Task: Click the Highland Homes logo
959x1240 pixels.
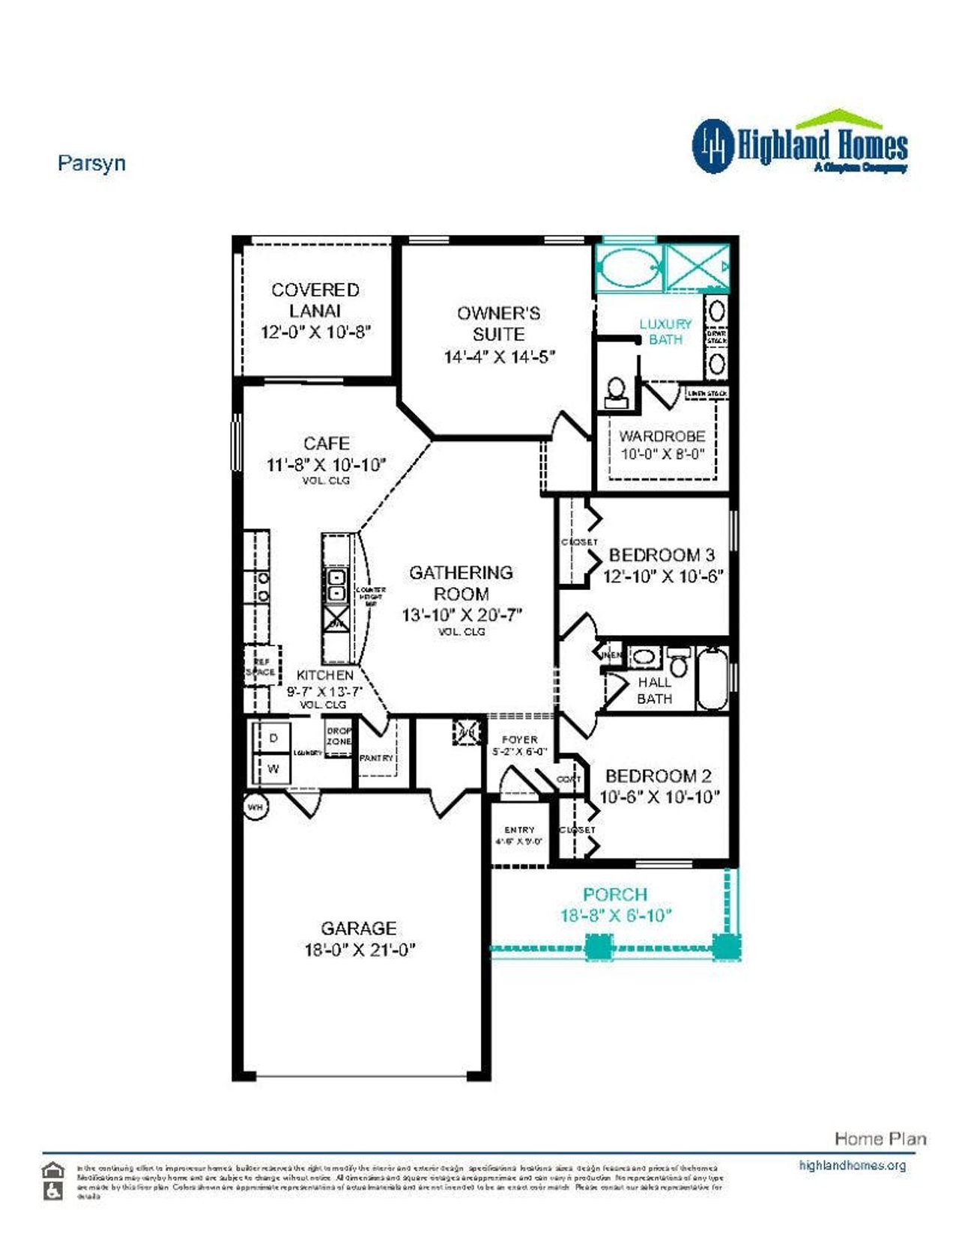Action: coord(799,145)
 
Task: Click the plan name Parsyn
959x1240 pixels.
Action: coord(91,163)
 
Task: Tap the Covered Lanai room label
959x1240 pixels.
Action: coord(315,300)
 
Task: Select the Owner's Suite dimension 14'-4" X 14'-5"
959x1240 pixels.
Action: coord(499,356)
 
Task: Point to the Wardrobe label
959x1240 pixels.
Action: coord(662,436)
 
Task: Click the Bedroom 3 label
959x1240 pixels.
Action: coord(662,555)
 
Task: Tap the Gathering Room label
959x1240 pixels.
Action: coord(462,583)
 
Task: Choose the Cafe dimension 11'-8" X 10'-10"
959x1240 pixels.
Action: coord(326,464)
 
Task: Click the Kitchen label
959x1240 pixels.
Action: coord(324,675)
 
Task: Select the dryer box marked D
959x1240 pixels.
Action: coord(273,738)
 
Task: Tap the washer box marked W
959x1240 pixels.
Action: coord(273,768)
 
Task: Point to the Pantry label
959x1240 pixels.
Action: coord(376,758)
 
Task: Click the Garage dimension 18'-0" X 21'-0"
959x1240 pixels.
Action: coord(359,949)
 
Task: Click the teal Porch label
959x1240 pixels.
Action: coord(615,894)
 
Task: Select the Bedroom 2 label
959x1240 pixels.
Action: coord(658,776)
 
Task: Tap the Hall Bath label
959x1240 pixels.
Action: coord(654,690)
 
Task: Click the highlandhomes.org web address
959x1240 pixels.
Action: coord(852,1165)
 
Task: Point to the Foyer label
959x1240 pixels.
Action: coord(520,739)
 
